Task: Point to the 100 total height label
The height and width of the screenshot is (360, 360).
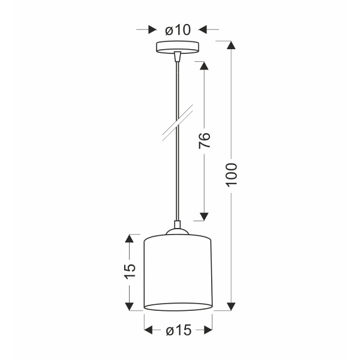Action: pos(232,174)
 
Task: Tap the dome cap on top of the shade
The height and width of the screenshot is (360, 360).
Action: pos(178,228)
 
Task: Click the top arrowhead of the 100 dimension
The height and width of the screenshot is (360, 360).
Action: pos(232,45)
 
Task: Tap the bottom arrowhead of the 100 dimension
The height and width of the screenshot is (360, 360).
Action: pos(232,306)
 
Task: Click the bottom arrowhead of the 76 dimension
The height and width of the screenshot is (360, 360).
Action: pos(204,215)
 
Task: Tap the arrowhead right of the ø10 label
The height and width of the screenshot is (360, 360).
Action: pos(203,28)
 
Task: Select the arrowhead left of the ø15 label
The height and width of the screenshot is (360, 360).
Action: pos(148,330)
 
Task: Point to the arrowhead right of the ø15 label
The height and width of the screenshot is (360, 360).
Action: pos(208,330)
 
